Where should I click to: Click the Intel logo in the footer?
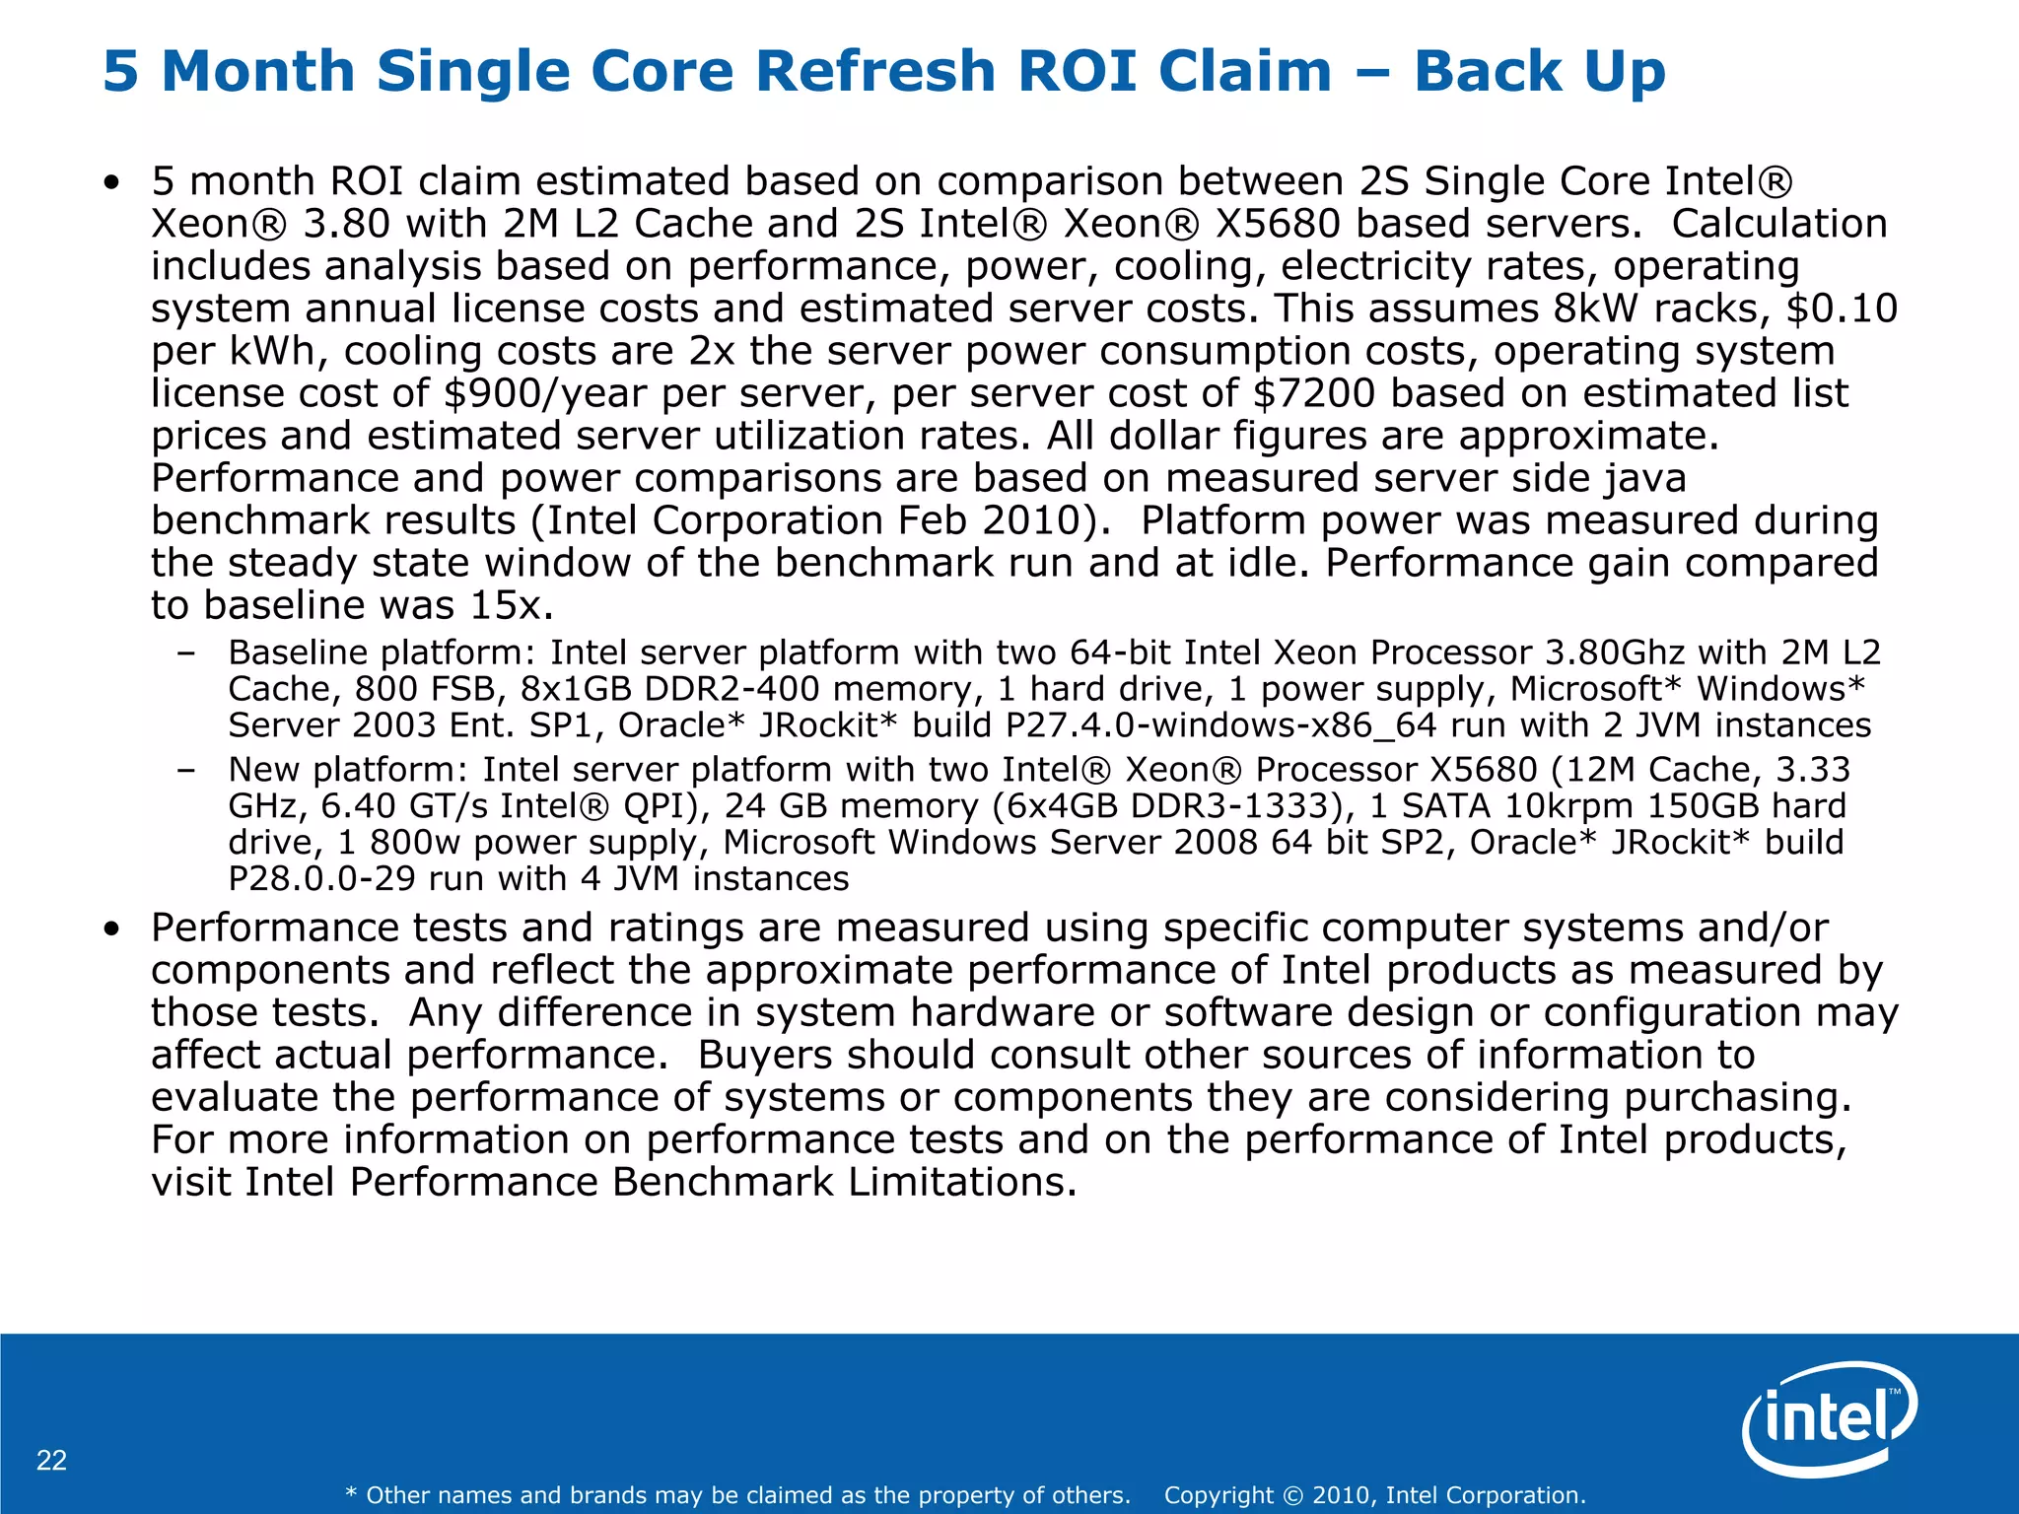tap(1830, 1419)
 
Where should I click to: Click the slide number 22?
tap(51, 1460)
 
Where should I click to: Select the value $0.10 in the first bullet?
tap(1842, 309)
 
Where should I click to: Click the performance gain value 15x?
tap(506, 605)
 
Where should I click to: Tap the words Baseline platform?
tap(381, 653)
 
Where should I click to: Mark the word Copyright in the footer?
tap(1219, 1495)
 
